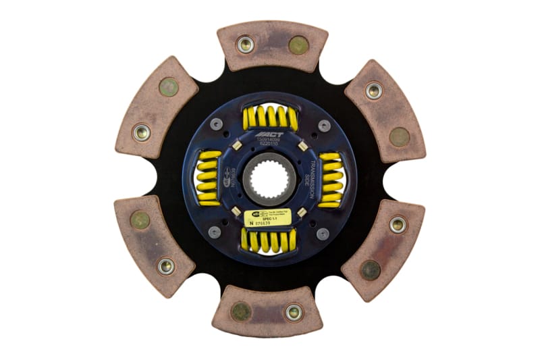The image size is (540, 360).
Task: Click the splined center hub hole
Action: coord(269,179)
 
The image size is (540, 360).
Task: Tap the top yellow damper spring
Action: coord(270,118)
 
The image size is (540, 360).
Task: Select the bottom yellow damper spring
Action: coord(269,240)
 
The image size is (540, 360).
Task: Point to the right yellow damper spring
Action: coord(331,179)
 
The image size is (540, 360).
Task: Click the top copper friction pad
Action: coord(272,46)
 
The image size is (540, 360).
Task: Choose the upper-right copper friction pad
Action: coord(385,111)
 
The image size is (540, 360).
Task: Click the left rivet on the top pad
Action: coord(246,45)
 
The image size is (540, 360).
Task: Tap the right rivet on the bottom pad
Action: coord(294,312)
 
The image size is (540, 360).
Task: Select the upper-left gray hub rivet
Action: coord(216,125)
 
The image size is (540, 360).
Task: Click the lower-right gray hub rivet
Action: coord(323,233)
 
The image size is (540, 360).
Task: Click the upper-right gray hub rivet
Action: coord(324,126)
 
